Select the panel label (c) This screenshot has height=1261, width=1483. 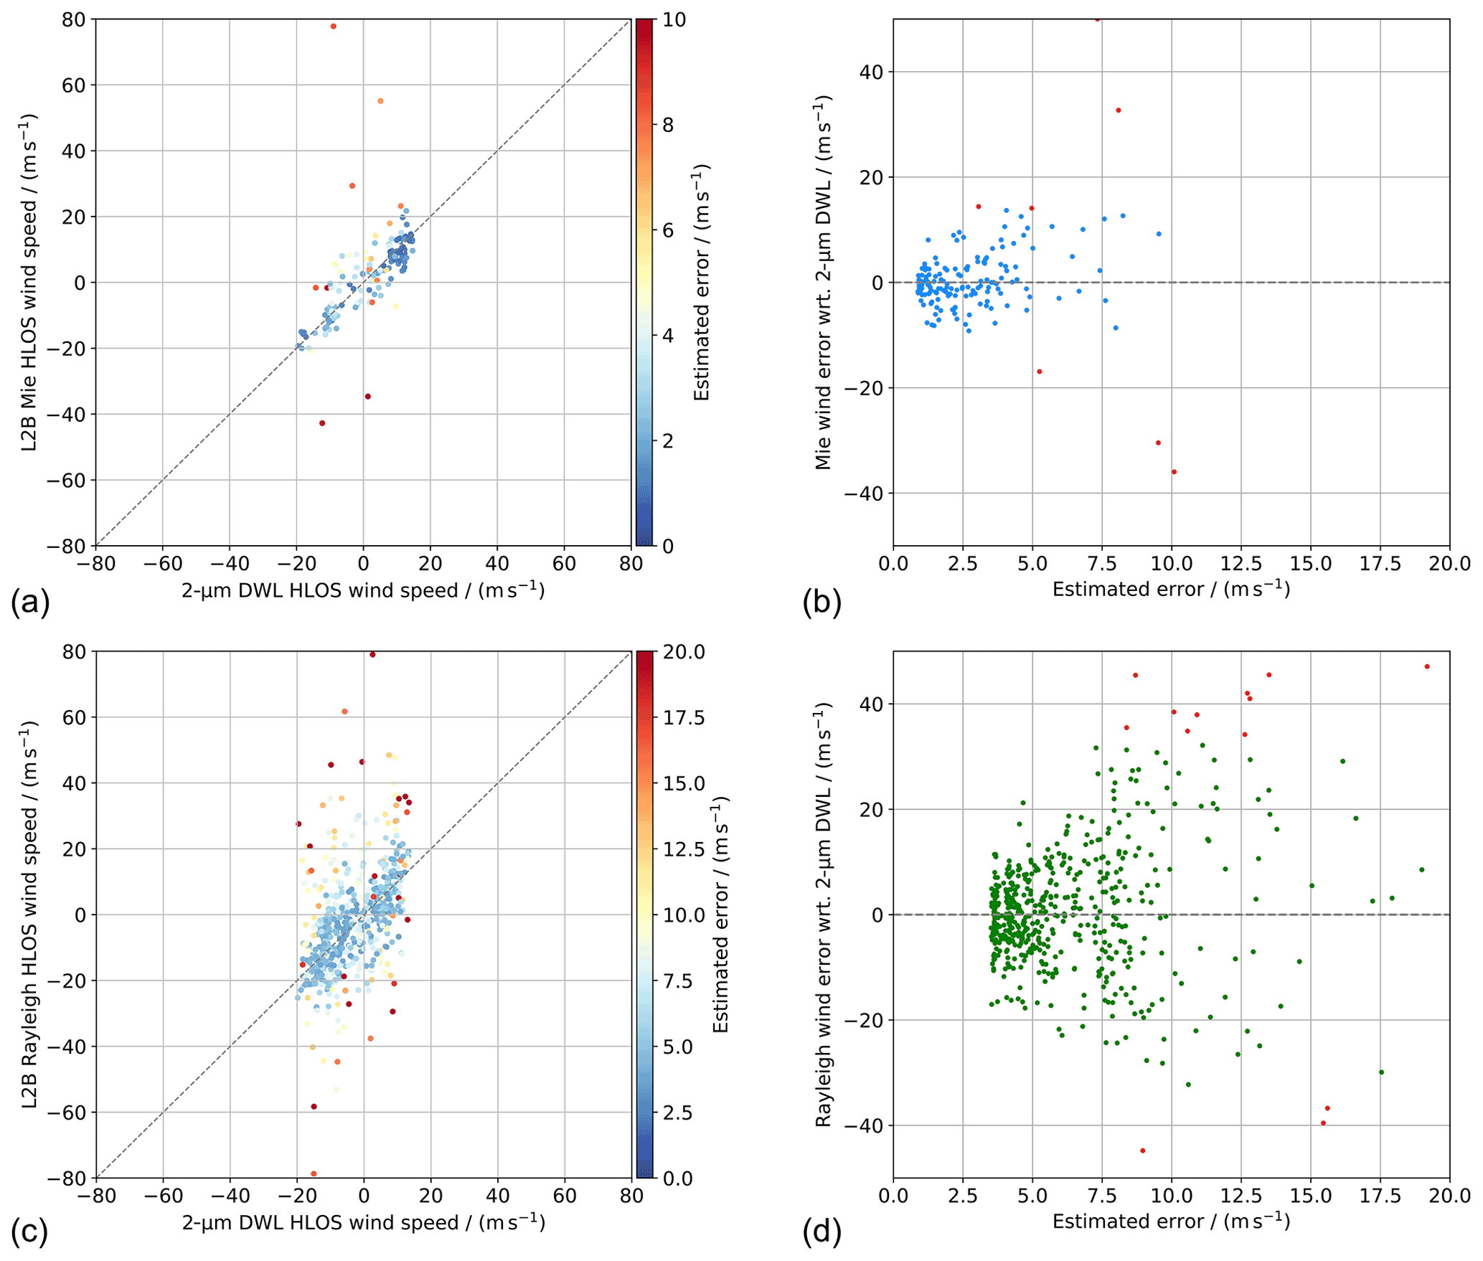[30, 1232]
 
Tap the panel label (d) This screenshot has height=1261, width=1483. [821, 1232]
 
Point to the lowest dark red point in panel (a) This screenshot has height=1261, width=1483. [322, 423]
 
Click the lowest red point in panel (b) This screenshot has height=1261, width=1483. [1174, 472]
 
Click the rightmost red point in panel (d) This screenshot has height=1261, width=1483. [1427, 666]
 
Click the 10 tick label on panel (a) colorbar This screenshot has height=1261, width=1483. [674, 20]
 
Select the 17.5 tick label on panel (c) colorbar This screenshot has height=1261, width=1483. [682, 718]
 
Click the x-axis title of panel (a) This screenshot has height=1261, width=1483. [363, 590]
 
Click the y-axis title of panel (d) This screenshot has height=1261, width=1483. [823, 915]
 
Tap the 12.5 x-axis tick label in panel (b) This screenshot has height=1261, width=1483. [1241, 564]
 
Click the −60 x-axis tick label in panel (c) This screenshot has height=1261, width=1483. [163, 1196]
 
